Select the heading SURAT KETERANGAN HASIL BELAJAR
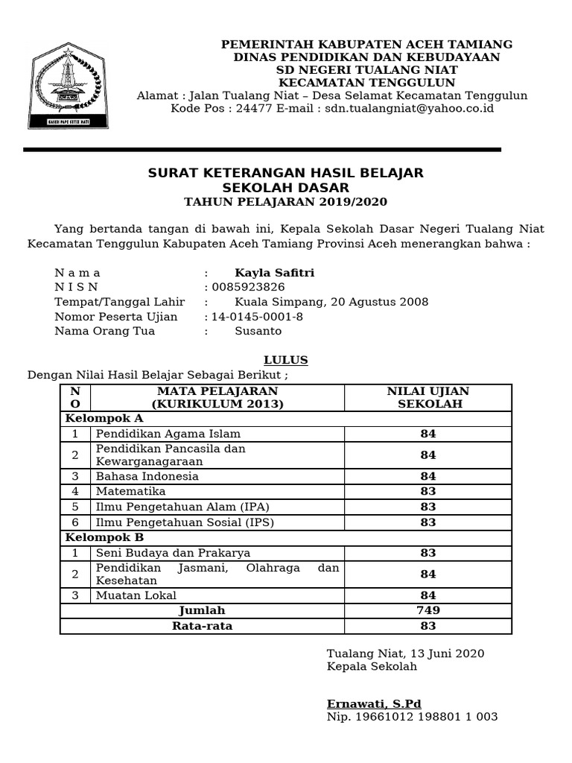[285, 173]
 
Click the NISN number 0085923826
[248, 287]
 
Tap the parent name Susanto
[258, 331]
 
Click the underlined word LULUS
[286, 360]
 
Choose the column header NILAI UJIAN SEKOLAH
[428, 397]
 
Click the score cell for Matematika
[428, 492]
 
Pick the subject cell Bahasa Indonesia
[147, 476]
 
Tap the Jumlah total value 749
[428, 610]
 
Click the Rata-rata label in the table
[202, 626]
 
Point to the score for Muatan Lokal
[428, 595]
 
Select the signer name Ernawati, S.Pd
[374, 704]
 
